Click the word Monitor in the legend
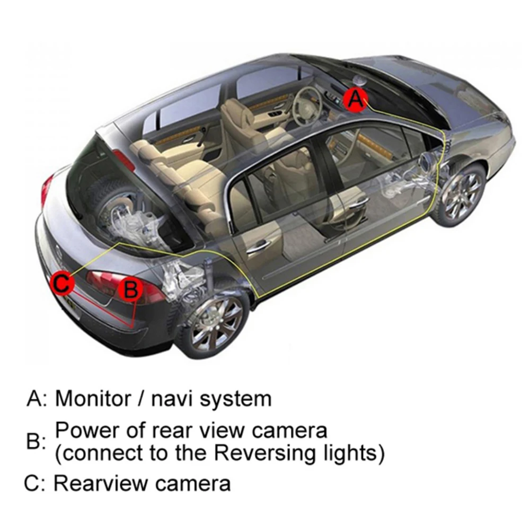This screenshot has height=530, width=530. pos(93,398)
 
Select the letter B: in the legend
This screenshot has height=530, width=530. pos(36,441)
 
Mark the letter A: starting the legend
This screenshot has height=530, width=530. pos(37,398)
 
